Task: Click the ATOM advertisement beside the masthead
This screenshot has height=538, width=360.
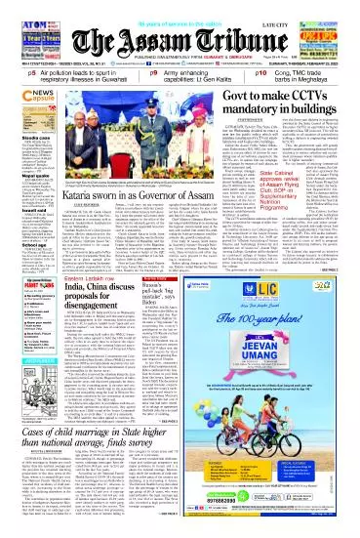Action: pyautogui.click(x=20, y=21)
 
